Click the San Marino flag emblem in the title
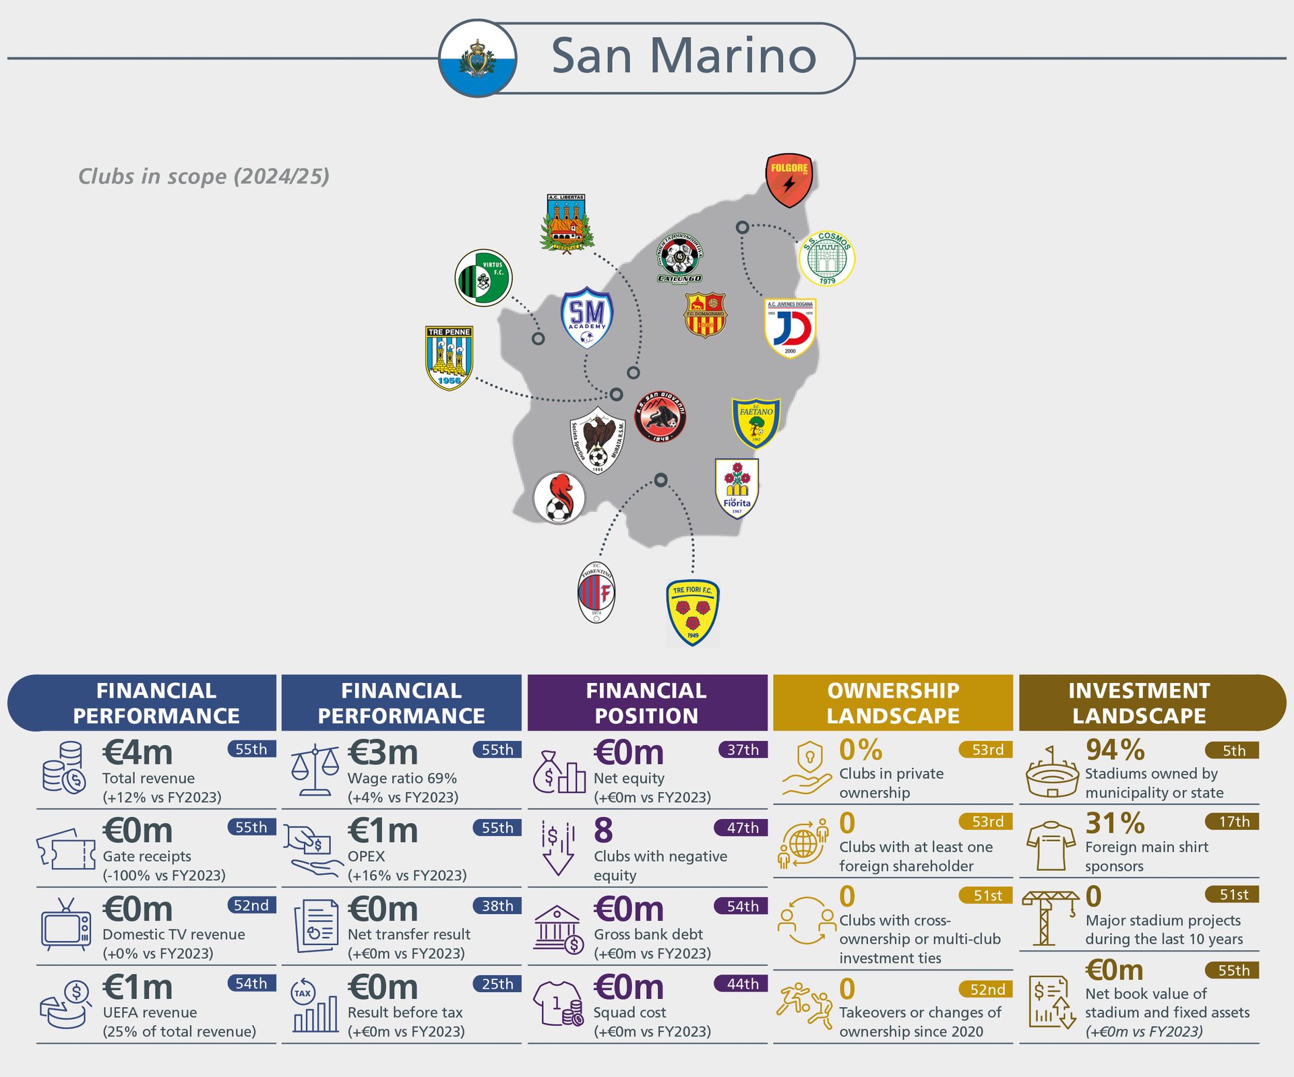coord(478,58)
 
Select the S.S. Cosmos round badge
coord(826,258)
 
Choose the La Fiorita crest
coord(737,488)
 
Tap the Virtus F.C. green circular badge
coord(483,278)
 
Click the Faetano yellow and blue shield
coord(756,422)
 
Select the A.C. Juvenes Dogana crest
coord(790,328)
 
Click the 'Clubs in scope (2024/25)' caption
coord(204,176)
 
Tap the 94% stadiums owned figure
coord(1115,750)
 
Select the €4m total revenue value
coord(138,752)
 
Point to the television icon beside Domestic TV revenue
coord(65,925)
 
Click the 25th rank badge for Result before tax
coord(497,984)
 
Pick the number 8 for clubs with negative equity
coord(603,830)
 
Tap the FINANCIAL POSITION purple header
coord(647,703)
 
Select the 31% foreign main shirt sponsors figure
coord(1115,823)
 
